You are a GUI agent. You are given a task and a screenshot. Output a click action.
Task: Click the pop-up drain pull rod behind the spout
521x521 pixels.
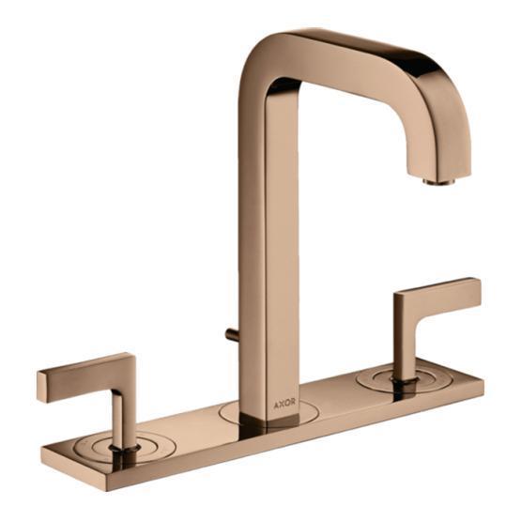pos(231,333)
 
